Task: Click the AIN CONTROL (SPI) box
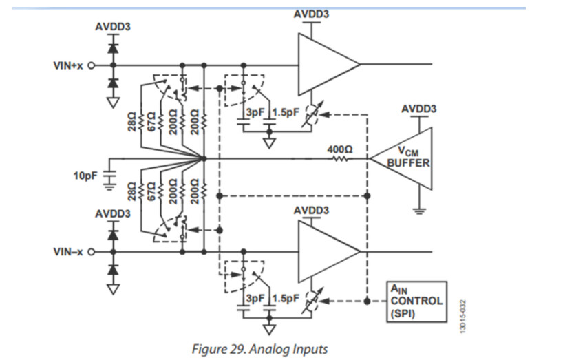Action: (x=415, y=301)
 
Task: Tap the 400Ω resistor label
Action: (x=339, y=148)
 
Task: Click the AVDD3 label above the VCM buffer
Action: (x=418, y=109)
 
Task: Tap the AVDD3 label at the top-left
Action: (x=112, y=27)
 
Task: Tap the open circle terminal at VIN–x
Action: (x=90, y=253)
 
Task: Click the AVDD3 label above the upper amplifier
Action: (x=312, y=15)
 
